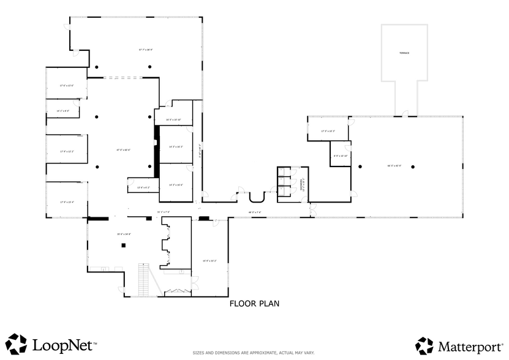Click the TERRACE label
tap(404, 53)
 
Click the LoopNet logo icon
tap(17, 343)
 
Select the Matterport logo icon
tap(424, 345)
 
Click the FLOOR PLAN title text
tap(254, 303)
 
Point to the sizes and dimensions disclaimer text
tap(254, 353)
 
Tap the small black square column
tap(123, 246)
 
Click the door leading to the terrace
tap(405, 114)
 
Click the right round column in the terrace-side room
tap(413, 167)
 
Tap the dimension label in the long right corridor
tap(255, 212)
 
